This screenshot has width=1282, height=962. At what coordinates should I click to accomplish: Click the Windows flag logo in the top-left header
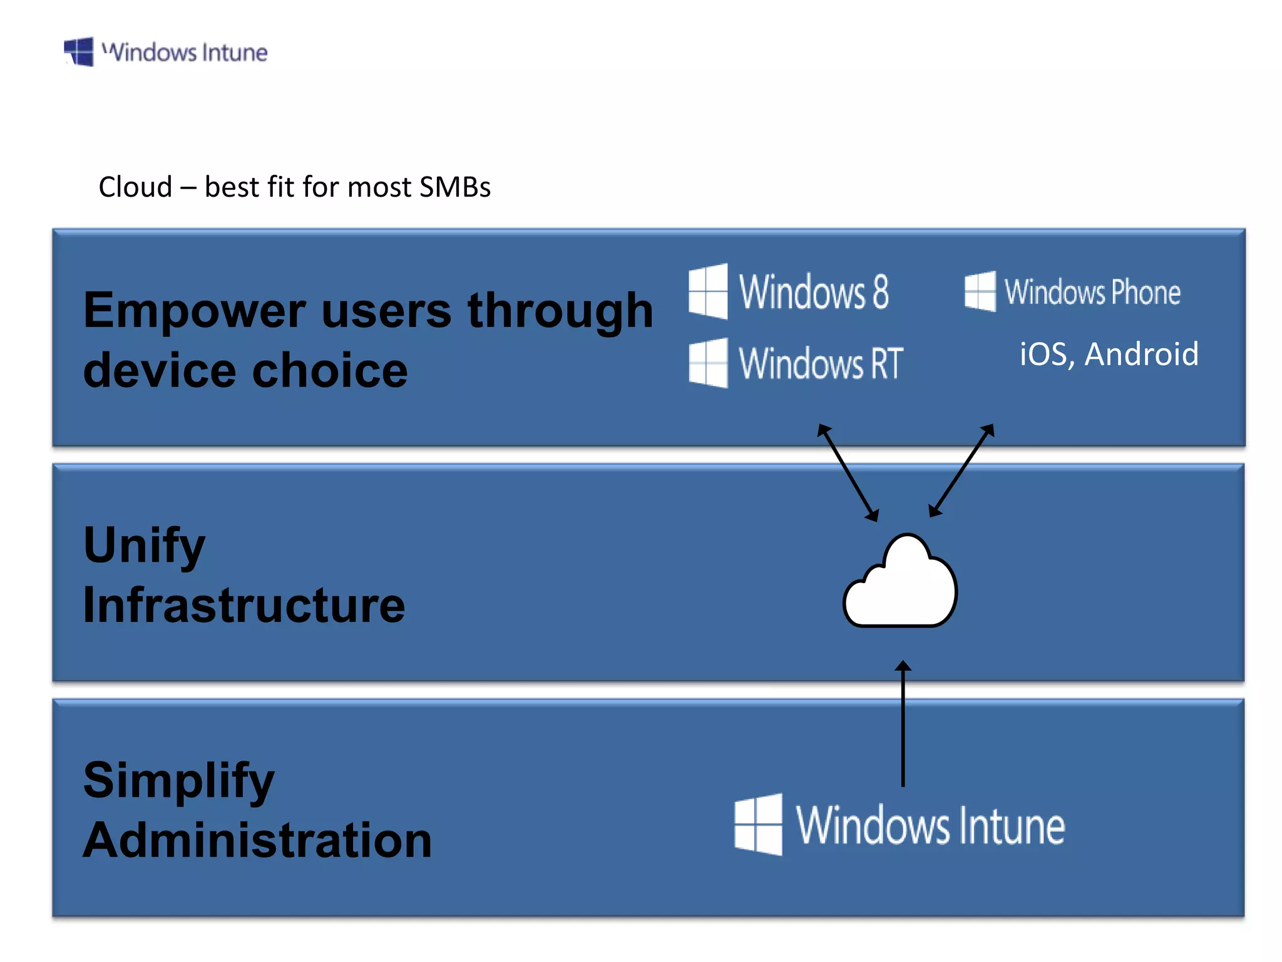(79, 51)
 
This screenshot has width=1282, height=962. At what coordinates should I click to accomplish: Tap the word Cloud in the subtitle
(135, 187)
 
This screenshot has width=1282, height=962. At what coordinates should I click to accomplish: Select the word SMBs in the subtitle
(455, 187)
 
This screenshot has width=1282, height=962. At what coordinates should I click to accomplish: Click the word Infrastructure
(244, 605)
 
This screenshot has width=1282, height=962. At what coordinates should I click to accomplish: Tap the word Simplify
(179, 781)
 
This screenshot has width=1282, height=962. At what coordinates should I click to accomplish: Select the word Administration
(257, 840)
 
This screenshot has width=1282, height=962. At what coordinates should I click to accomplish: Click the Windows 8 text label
(814, 292)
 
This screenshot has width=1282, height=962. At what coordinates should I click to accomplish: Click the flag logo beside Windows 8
(708, 291)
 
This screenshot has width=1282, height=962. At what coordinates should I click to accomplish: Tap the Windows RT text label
(821, 363)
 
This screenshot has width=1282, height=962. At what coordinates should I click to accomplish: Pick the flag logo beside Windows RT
(708, 363)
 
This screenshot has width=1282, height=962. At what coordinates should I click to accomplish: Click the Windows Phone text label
(1092, 292)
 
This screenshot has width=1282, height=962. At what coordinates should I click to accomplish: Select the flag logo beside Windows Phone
(980, 291)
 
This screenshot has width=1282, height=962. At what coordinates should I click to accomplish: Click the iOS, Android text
(1109, 354)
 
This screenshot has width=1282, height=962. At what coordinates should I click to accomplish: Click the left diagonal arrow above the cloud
(848, 473)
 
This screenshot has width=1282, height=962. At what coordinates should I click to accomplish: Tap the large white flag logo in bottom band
(758, 824)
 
